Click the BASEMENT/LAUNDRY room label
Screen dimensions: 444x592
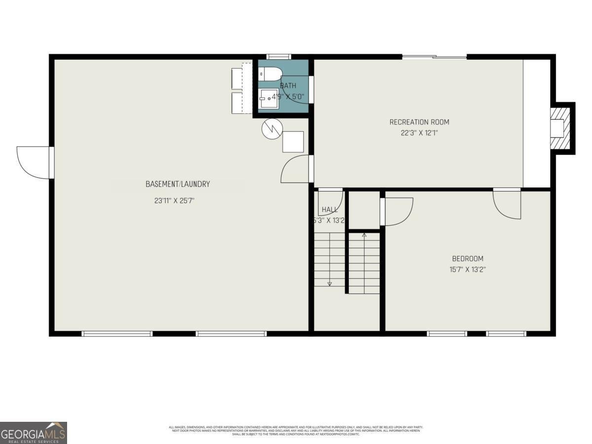[x=178, y=184]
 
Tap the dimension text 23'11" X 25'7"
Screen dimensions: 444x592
[x=178, y=201]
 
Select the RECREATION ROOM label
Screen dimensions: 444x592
[x=419, y=122]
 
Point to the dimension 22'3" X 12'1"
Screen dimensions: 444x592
[x=419, y=132]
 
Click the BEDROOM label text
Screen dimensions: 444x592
[x=468, y=259]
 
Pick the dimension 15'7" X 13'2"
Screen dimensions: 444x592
[x=468, y=270]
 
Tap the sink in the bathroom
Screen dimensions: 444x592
[x=269, y=99]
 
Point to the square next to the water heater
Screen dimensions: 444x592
[x=293, y=142]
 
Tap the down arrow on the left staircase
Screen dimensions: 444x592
[x=330, y=283]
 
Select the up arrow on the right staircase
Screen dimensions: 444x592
[x=364, y=235]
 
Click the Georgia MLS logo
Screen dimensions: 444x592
[x=33, y=433]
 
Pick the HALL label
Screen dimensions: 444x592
[x=330, y=210]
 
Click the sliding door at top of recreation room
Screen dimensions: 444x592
[x=434, y=57]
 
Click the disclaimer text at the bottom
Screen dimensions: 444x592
[x=296, y=430]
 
